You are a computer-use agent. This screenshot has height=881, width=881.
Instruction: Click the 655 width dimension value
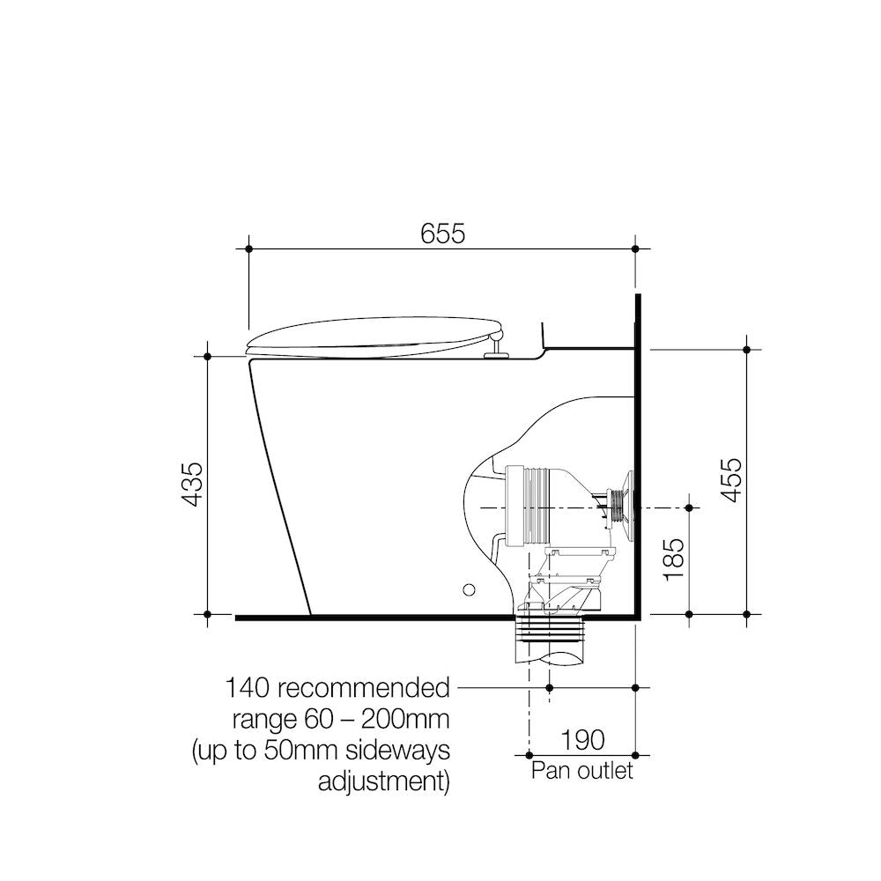point(442,234)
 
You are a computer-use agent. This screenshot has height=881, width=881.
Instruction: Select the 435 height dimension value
point(192,484)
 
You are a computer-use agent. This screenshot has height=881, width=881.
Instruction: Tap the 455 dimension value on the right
point(731,480)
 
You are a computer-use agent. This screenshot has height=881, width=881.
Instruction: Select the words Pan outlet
point(581,772)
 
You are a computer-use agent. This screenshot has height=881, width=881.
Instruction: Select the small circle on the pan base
point(470,589)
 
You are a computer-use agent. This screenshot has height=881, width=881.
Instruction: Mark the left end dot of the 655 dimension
point(249,250)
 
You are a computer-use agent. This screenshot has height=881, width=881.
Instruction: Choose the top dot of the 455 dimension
point(747,350)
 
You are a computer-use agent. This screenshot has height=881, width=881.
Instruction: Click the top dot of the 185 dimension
point(689,507)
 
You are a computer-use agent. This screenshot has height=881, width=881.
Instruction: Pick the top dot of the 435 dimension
point(207,356)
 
